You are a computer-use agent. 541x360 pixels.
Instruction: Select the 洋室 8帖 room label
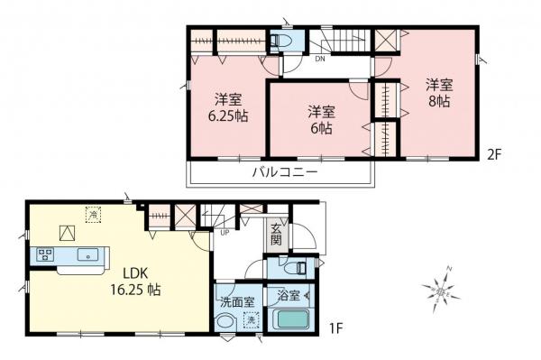439,93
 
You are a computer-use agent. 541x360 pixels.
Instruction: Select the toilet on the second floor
280,42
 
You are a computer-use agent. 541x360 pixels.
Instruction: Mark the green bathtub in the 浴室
290,319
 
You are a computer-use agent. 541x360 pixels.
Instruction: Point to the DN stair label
320,60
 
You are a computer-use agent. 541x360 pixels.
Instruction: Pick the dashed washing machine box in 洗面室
252,318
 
